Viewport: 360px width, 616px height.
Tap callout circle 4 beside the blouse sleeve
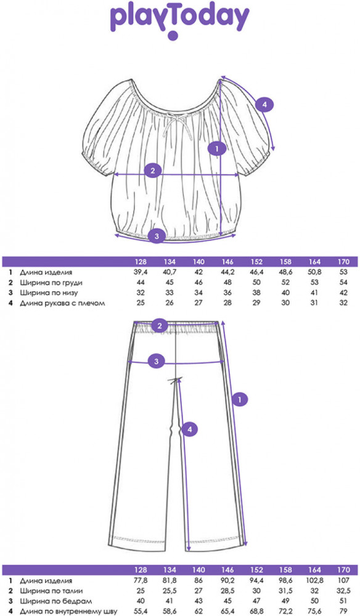264,105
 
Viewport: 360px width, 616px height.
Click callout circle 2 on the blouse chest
153,171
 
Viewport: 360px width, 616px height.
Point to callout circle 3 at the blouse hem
157,236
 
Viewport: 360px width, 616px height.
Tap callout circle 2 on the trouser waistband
160,325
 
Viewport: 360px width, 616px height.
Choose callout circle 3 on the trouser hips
157,361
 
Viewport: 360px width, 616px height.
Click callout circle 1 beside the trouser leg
240,400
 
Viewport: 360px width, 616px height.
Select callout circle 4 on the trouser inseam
189,430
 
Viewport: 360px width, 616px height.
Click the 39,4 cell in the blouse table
141,272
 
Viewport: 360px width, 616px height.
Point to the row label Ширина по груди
51,283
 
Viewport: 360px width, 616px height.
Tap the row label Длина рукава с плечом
62,303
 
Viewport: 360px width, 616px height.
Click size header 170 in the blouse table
343,262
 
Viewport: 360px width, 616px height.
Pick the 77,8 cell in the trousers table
141,581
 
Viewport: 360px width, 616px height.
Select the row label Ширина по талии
52,591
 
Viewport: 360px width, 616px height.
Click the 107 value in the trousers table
343,581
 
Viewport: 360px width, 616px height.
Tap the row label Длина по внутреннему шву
68,612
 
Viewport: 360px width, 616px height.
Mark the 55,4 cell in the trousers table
141,612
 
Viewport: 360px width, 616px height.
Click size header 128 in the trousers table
141,570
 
